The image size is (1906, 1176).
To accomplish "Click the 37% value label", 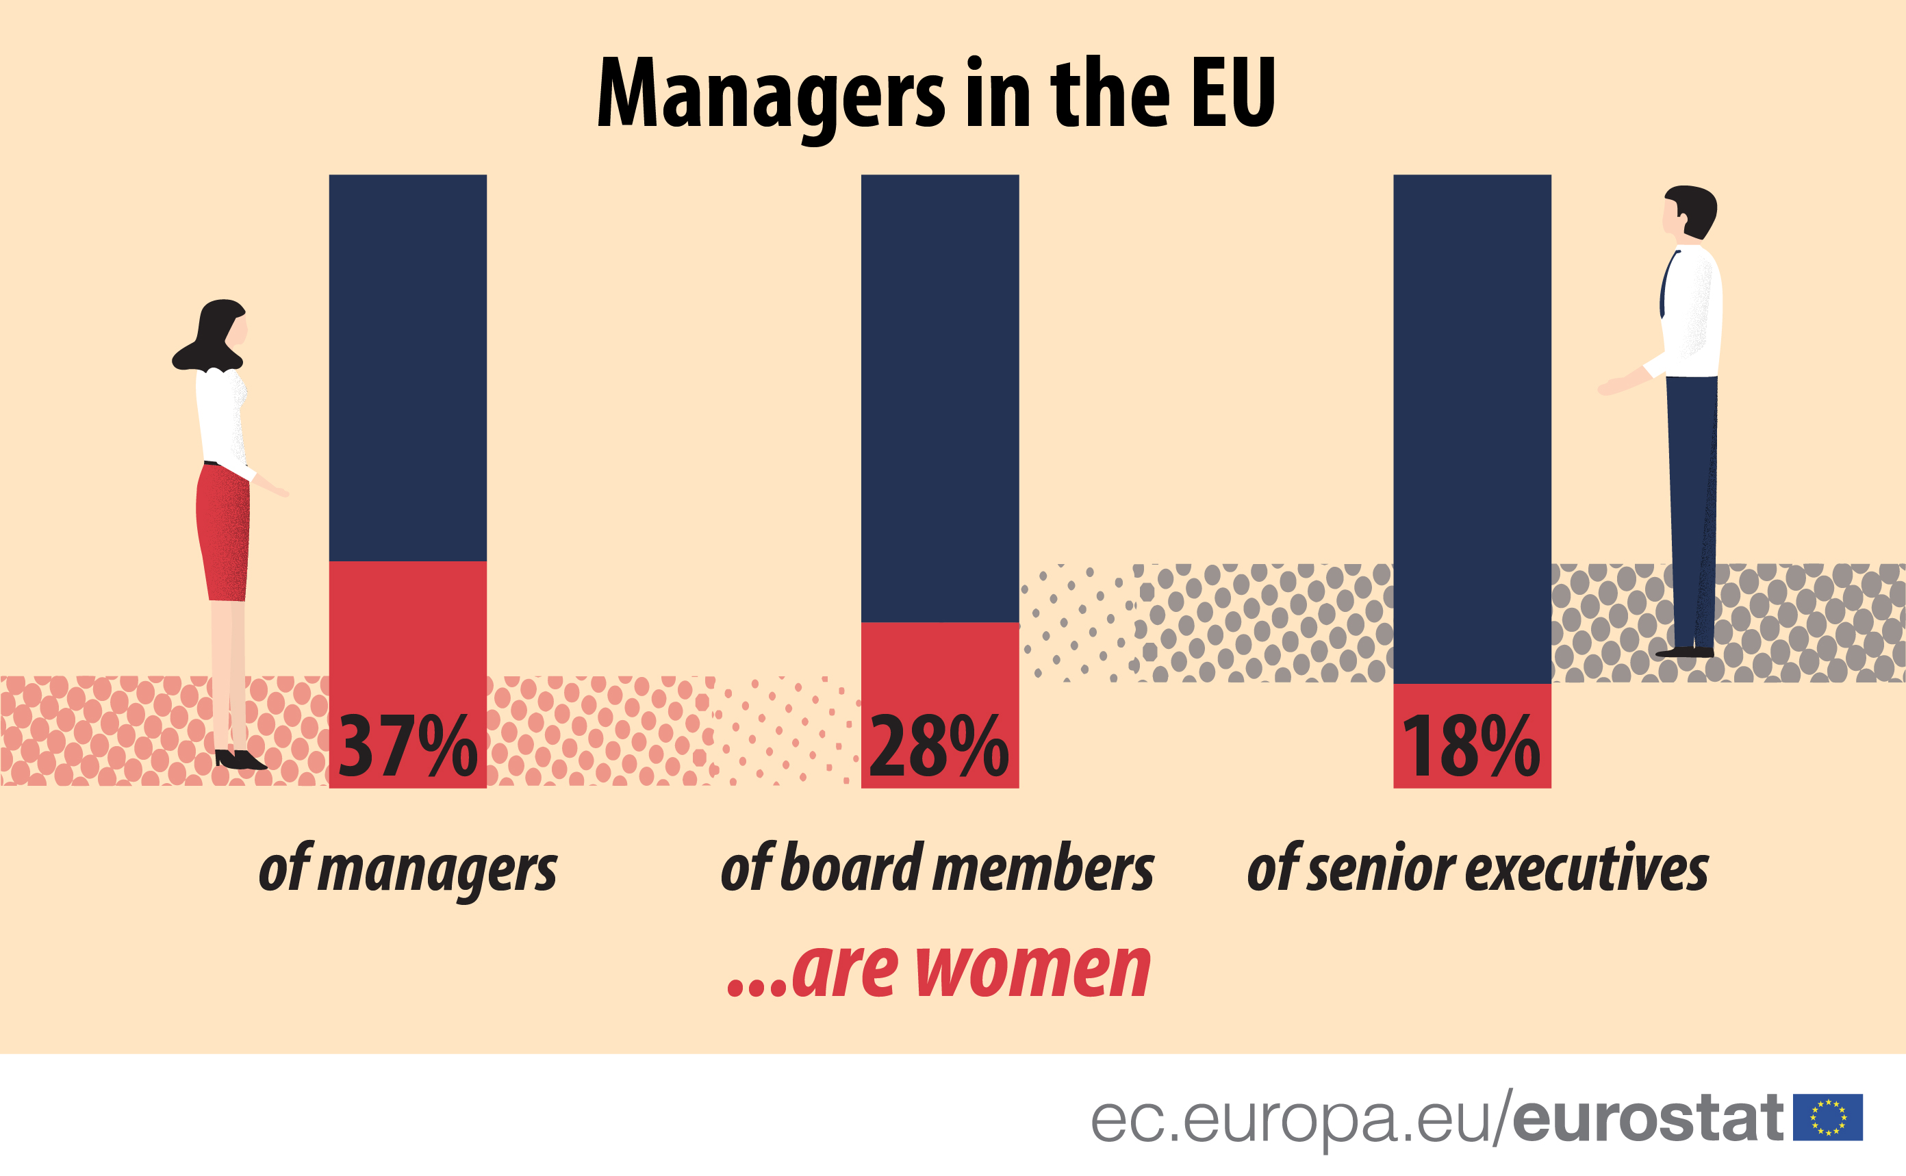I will (407, 747).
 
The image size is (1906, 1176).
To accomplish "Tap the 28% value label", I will (939, 747).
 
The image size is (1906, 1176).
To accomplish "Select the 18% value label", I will (1471, 747).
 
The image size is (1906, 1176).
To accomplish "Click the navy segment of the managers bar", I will (407, 366).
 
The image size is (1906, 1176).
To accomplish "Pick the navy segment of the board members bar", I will (939, 396).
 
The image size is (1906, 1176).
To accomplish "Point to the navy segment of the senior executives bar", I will (1471, 428).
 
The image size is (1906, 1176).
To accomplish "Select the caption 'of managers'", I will (407, 869).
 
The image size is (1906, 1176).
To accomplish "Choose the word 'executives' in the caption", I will (1587, 869).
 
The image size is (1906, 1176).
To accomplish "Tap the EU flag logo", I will (1827, 1118).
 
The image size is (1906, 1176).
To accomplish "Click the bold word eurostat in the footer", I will (1647, 1119).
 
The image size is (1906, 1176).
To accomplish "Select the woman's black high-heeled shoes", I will (240, 759).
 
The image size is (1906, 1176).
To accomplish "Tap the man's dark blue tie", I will (1666, 284).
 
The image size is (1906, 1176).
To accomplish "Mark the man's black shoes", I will (1685, 652).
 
